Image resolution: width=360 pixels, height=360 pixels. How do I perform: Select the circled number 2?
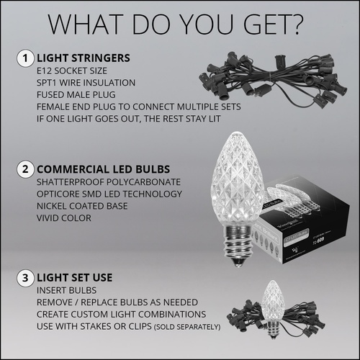coord(25,170)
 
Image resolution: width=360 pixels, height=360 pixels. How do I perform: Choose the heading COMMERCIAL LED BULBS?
coord(101,170)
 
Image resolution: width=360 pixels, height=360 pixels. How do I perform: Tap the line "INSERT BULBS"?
coord(63,292)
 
